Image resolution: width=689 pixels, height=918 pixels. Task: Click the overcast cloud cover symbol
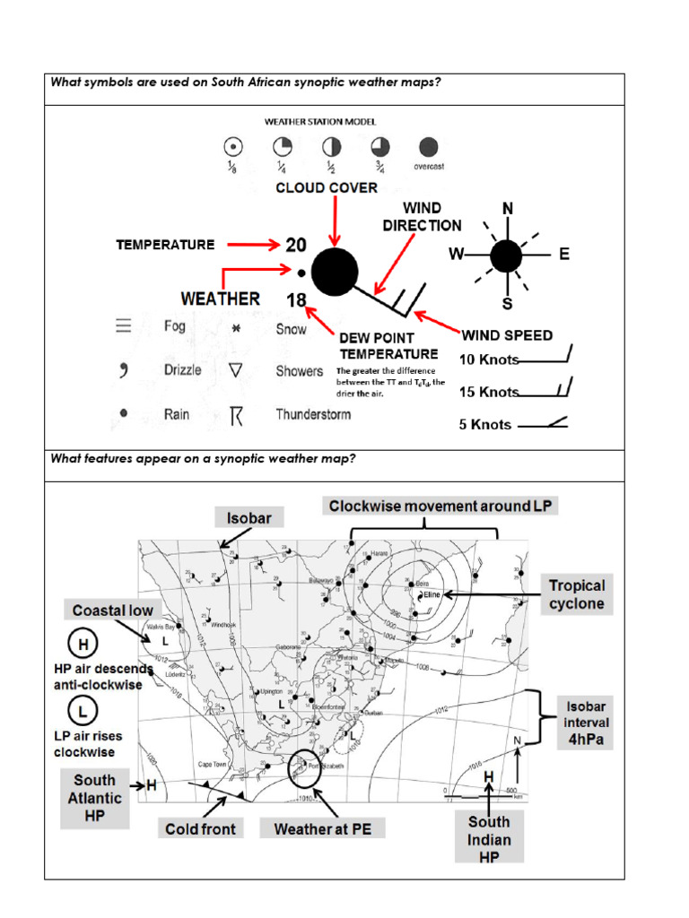tap(429, 147)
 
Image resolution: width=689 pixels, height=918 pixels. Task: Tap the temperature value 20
tap(296, 245)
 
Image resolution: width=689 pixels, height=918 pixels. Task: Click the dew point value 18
tap(296, 300)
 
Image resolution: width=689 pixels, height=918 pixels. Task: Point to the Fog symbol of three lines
tap(124, 326)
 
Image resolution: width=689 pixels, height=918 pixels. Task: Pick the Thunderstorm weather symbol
tap(236, 415)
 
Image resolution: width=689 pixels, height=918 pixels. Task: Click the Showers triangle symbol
tap(236, 370)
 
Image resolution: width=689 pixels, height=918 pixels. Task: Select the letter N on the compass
tap(508, 209)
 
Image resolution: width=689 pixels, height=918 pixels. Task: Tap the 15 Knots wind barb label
tap(489, 392)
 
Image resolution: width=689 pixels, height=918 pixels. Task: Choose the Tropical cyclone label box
tap(578, 594)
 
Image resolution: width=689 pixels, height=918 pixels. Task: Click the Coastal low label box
tap(113, 611)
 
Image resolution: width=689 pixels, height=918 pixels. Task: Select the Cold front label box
tap(200, 829)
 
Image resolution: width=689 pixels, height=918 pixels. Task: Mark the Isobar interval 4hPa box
tap(585, 723)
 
